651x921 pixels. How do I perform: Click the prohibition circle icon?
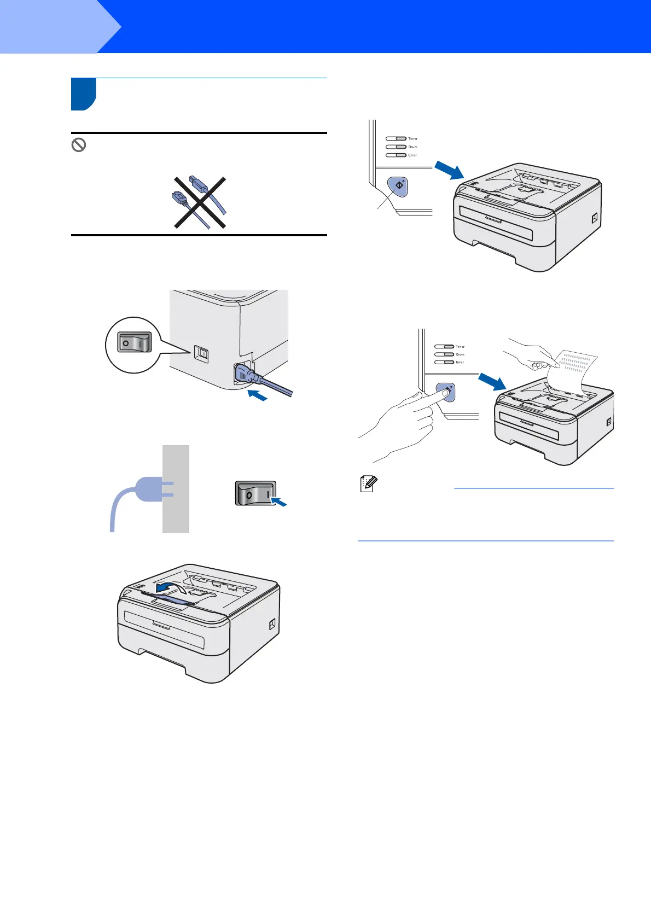pos(79,145)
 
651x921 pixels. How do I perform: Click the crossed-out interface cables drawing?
pos(200,202)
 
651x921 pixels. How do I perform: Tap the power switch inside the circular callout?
pos(134,343)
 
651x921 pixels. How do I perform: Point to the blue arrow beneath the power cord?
pos(257,395)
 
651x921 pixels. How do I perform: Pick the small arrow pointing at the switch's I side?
pos(280,501)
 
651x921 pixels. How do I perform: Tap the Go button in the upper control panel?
pos(399,186)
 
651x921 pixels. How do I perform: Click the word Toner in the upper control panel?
pos(412,139)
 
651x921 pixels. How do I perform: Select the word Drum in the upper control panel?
pos(412,147)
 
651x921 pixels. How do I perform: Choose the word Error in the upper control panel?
pos(412,155)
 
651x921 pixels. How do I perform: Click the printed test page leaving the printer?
pos(572,372)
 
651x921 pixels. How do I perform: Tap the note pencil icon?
pos(368,484)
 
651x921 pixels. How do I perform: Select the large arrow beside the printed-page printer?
pos(492,381)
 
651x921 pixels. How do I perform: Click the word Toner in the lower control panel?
pos(460,347)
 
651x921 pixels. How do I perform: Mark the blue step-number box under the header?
pos(83,94)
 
